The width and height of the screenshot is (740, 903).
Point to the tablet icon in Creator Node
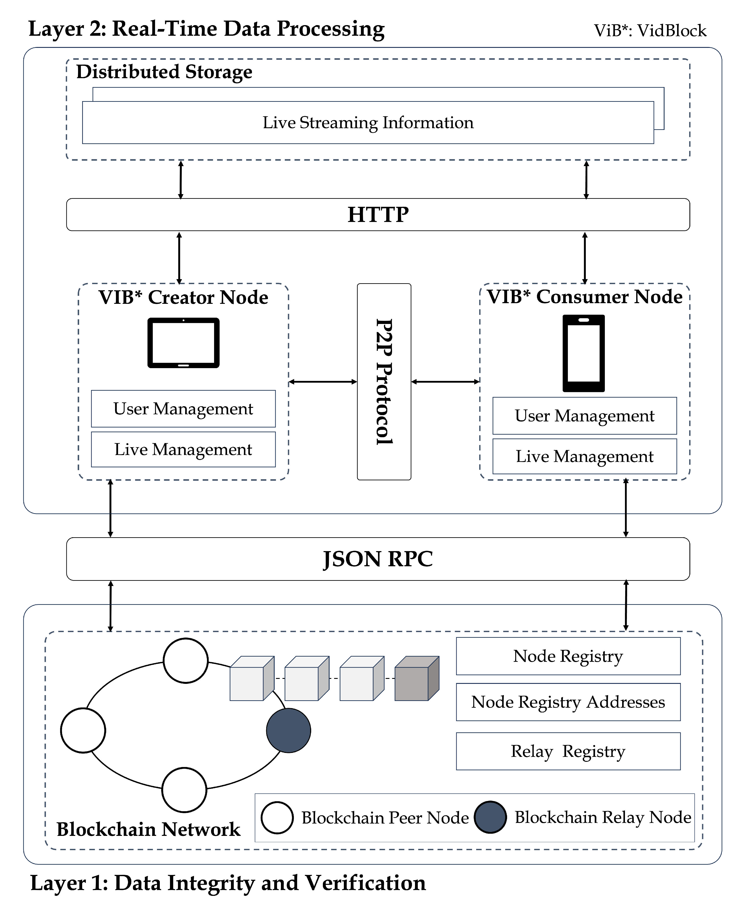(x=183, y=343)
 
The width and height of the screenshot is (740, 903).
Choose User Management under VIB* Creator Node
(x=183, y=409)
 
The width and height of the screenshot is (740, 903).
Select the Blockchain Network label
(x=148, y=829)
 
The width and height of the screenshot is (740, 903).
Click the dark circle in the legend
(x=490, y=817)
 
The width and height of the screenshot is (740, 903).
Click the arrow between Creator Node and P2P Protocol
(x=323, y=382)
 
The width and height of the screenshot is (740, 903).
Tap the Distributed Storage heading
(x=164, y=72)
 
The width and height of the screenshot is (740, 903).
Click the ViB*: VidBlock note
(x=650, y=31)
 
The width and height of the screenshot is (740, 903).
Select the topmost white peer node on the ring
(x=186, y=661)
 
